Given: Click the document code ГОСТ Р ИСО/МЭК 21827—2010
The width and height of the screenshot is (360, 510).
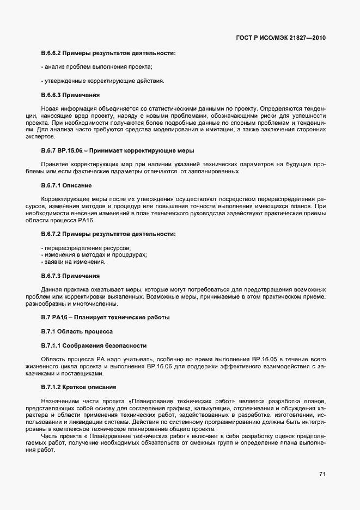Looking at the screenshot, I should [x=281, y=38].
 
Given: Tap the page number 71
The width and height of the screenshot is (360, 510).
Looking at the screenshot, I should [x=322, y=475].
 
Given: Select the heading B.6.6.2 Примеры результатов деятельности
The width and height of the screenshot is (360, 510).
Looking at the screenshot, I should [x=108, y=53].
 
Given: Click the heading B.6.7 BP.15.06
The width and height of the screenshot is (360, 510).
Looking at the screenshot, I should [x=118, y=150].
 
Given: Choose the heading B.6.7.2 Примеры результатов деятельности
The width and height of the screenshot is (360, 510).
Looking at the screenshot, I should [x=108, y=234].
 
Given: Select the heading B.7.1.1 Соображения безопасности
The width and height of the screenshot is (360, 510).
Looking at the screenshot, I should [x=94, y=345].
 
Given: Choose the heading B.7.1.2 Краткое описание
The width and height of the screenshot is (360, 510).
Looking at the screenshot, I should [x=78, y=387].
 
